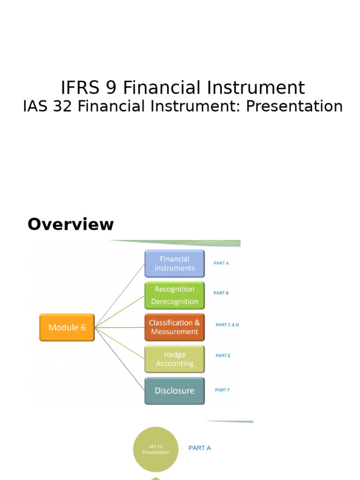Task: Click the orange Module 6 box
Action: (67, 327)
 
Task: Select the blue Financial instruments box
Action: (174, 263)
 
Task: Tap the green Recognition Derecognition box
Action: (174, 295)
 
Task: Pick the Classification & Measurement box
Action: (174, 327)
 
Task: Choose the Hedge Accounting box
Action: (174, 359)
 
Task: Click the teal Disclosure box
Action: (174, 390)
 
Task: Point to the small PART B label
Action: (221, 293)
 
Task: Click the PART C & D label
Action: (227, 325)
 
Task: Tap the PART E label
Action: (223, 356)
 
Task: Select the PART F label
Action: (223, 390)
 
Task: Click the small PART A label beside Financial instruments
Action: (221, 263)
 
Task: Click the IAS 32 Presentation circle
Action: (156, 449)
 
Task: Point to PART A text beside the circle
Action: (200, 448)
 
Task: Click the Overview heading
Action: (71, 225)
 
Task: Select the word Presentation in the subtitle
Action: (294, 106)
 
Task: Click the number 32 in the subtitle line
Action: (65, 106)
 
